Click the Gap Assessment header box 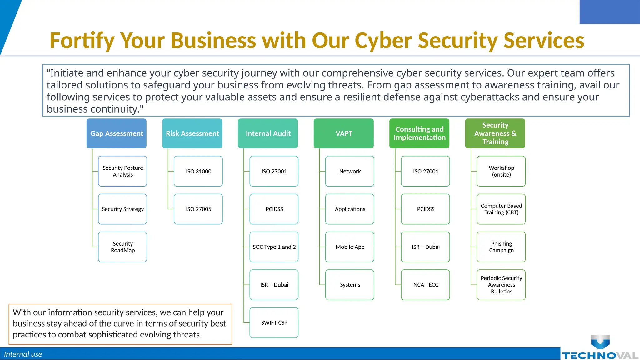click(x=116, y=133)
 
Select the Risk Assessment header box click(x=192, y=133)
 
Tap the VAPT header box click(x=344, y=133)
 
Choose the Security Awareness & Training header click(x=495, y=133)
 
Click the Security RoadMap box click(x=122, y=247)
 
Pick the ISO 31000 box click(x=198, y=171)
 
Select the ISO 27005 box click(x=198, y=209)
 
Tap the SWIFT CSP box click(x=274, y=322)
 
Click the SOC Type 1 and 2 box click(x=274, y=247)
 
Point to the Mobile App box click(x=350, y=247)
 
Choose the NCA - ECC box click(x=426, y=285)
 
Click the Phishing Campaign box click(x=501, y=247)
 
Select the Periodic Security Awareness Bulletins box click(x=501, y=285)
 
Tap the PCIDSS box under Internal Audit click(x=274, y=209)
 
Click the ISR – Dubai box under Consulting click(x=426, y=247)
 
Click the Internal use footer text click(x=23, y=354)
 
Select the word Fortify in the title click(x=82, y=41)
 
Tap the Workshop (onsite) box click(x=501, y=171)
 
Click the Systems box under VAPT click(x=350, y=285)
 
